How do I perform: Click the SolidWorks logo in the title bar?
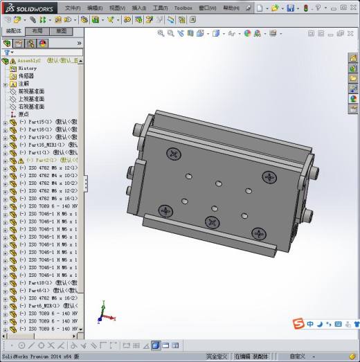(26, 8)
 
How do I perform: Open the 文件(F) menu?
(73, 8)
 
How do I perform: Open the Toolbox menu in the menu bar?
(183, 8)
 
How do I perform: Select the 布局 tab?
(37, 31)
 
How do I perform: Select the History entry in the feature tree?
(28, 69)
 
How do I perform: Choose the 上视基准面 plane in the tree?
(30, 99)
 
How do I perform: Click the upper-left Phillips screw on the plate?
(172, 153)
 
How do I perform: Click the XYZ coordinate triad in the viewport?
(102, 314)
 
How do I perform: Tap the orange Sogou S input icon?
(298, 324)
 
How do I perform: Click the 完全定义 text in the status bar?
(217, 356)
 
